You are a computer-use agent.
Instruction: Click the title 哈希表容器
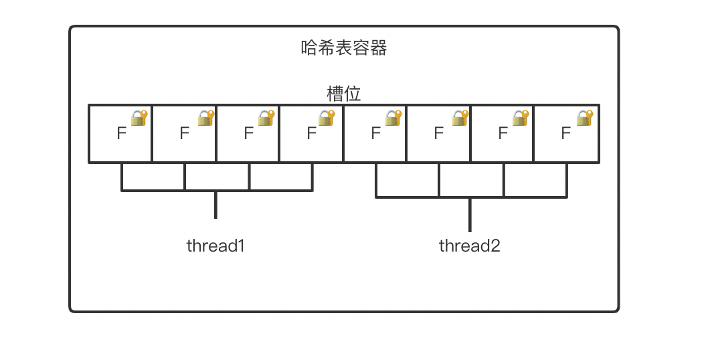click(x=344, y=48)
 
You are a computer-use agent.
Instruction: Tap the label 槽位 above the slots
click(x=344, y=93)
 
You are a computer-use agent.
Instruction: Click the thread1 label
click(x=216, y=246)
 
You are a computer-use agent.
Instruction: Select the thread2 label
click(x=470, y=246)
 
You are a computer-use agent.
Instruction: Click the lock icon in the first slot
click(x=139, y=118)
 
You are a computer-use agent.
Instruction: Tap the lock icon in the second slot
click(x=205, y=118)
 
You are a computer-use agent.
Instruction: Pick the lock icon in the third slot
click(x=266, y=118)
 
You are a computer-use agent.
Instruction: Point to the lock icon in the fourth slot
click(x=327, y=118)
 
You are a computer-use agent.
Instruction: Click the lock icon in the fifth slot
click(x=393, y=118)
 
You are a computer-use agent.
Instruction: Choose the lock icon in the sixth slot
click(x=459, y=118)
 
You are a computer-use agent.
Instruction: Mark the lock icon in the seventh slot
click(x=520, y=118)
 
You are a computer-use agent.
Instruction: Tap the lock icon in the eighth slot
click(x=586, y=118)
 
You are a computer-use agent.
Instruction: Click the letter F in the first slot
click(x=121, y=134)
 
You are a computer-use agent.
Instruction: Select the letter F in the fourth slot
click(x=311, y=134)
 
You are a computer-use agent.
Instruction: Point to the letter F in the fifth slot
click(x=375, y=134)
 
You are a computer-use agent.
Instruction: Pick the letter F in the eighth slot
click(x=565, y=134)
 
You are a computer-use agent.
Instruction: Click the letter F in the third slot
click(x=248, y=134)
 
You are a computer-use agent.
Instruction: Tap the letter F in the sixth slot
click(x=438, y=134)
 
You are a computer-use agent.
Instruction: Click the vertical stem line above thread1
click(x=215, y=205)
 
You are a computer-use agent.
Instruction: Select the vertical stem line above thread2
click(x=470, y=214)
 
